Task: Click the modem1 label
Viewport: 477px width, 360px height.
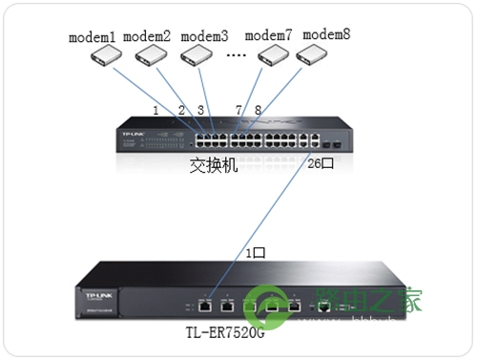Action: point(93,38)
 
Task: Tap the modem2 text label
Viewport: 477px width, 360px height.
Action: point(147,38)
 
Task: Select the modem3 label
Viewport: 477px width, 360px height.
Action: point(204,38)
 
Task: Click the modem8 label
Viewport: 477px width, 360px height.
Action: point(326,34)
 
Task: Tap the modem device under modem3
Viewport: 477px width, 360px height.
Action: point(204,59)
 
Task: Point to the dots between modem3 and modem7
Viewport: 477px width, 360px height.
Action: point(237,56)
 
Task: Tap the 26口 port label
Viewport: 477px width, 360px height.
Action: point(320,162)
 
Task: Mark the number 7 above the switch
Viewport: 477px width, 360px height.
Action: point(238,111)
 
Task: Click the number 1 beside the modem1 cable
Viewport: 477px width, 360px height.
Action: point(155,111)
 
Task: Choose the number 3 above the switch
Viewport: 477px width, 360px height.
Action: point(200,111)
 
